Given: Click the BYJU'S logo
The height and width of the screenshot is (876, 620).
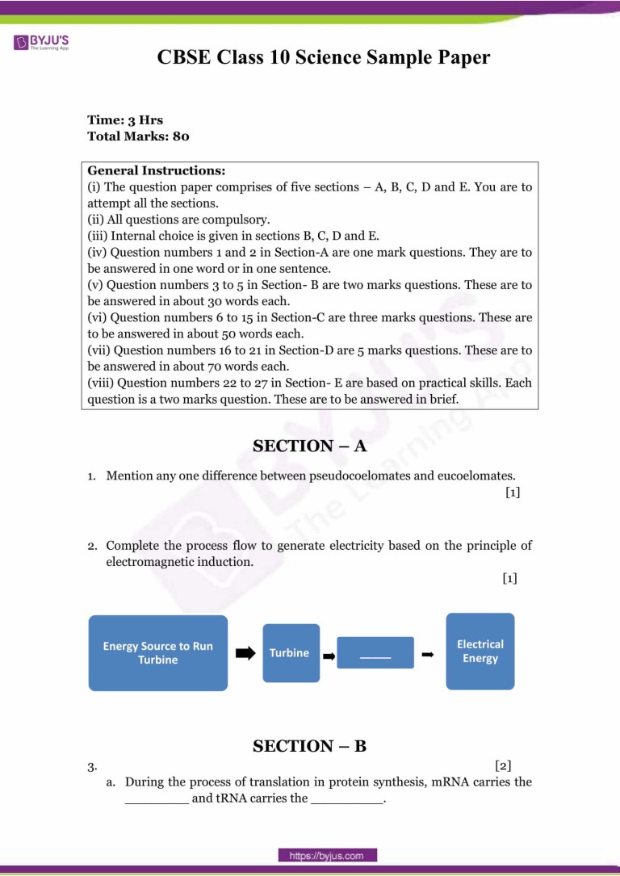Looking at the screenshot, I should coord(41,42).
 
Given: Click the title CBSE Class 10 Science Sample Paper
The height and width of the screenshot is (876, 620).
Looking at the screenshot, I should coord(324,57).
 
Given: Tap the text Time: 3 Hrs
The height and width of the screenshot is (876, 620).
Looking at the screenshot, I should coord(125,120).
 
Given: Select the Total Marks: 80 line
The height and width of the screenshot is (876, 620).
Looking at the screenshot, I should coord(138,136).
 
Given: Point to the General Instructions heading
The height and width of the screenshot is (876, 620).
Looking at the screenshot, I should coord(156,171).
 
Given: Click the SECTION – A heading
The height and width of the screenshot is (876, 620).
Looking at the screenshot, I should coord(309,446).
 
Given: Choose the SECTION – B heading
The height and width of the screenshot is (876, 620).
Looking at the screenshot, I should coord(309,746).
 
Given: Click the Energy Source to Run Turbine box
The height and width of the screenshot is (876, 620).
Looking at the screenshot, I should coord(158,652).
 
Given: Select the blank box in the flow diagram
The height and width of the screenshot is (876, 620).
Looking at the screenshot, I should coord(375,652).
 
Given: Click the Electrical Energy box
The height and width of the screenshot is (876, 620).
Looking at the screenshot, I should coord(480,652).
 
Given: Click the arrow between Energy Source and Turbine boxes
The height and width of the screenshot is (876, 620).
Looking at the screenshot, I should coord(245,653).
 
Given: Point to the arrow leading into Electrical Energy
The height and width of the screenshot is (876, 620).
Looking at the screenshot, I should coord(429,655).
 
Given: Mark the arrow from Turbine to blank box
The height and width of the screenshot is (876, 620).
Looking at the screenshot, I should coord(329,656).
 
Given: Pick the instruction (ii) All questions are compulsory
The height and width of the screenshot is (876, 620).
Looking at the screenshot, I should coord(178,220).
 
